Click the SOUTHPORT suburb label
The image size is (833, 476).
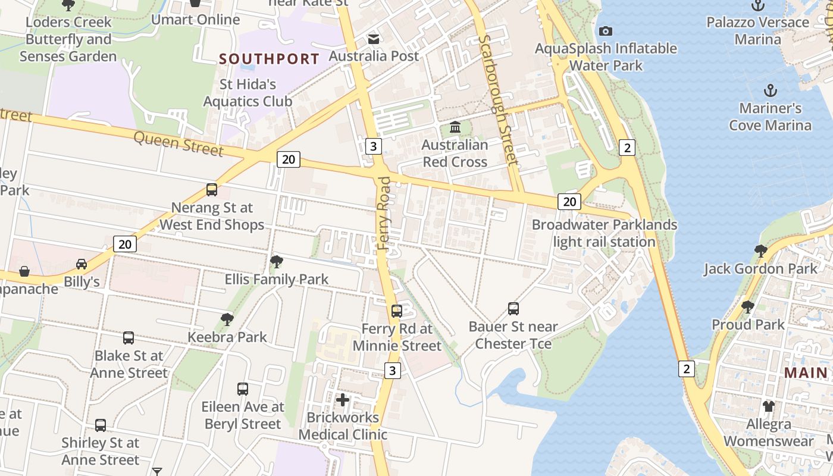click(269, 59)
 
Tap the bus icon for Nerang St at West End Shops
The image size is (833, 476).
click(212, 190)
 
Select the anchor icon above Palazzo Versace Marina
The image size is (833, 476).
click(757, 5)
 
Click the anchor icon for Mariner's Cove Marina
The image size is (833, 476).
click(771, 91)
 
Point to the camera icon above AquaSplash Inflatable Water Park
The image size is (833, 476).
click(606, 31)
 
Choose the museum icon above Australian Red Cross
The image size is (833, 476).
click(455, 127)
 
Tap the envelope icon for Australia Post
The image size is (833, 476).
click(374, 39)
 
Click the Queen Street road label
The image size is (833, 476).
click(178, 143)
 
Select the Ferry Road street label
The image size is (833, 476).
click(384, 212)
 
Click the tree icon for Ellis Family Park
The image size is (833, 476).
click(276, 261)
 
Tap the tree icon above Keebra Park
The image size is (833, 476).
click(227, 320)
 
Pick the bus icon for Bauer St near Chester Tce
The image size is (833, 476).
click(513, 309)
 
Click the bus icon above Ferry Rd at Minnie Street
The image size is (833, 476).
click(397, 311)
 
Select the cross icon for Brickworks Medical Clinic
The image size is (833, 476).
click(343, 400)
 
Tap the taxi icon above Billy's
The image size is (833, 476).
click(82, 264)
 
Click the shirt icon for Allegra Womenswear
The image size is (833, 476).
click(769, 406)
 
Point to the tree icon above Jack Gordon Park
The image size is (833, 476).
click(760, 250)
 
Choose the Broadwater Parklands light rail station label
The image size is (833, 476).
click(604, 233)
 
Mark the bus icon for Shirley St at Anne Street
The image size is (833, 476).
click(101, 425)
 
